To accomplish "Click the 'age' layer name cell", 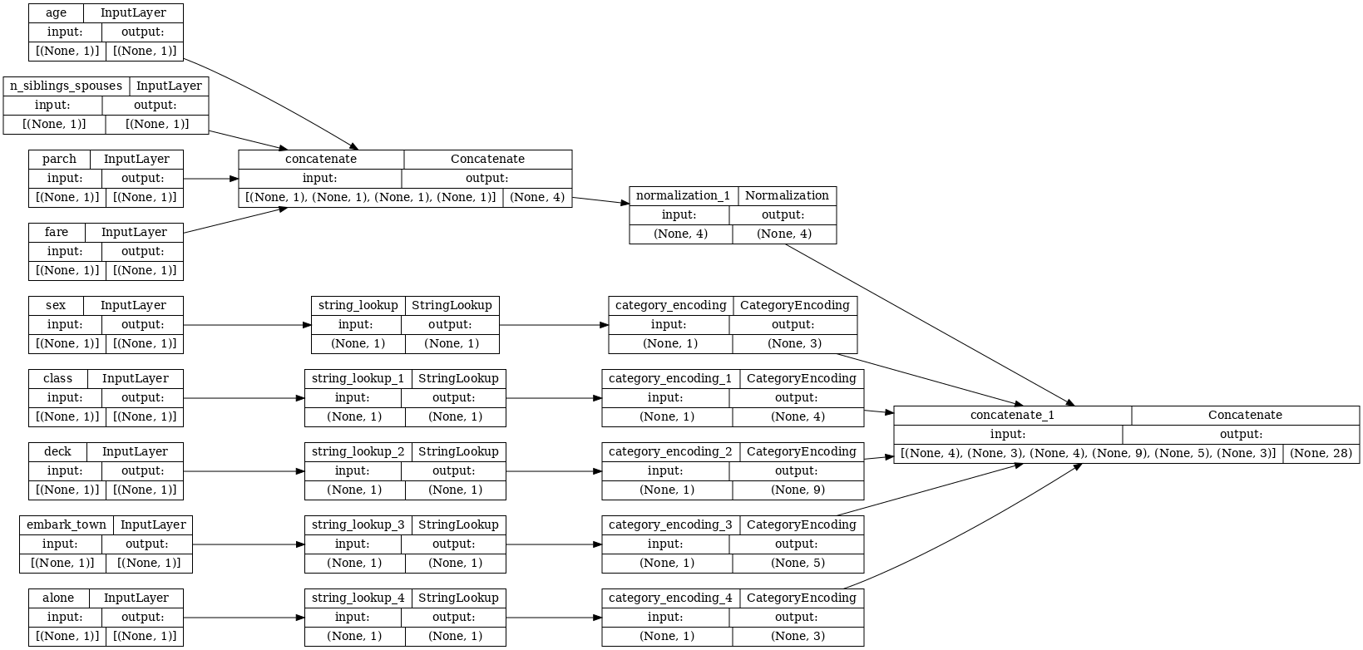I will pos(56,13).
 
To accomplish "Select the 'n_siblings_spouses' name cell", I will pos(66,86).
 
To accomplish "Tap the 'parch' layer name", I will pos(59,160).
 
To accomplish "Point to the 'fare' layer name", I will pos(57,233).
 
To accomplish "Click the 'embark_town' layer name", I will pos(67,525).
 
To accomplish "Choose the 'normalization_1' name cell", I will pos(683,196).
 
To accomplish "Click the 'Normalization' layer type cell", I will pos(787,196).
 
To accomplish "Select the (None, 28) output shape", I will pos(1321,454).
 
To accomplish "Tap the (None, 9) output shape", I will pos(798,490).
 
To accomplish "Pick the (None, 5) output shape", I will pos(798,563).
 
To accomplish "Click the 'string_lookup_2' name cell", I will pos(358,452).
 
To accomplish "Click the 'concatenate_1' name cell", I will pos(1012,416).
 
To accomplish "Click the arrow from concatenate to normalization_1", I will pos(600,200).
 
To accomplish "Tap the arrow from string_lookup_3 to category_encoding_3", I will pos(554,544).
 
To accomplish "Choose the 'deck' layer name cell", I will pos(57,452).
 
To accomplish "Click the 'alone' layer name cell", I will pos(58,598).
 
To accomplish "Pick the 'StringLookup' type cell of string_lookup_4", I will pos(458,598).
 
